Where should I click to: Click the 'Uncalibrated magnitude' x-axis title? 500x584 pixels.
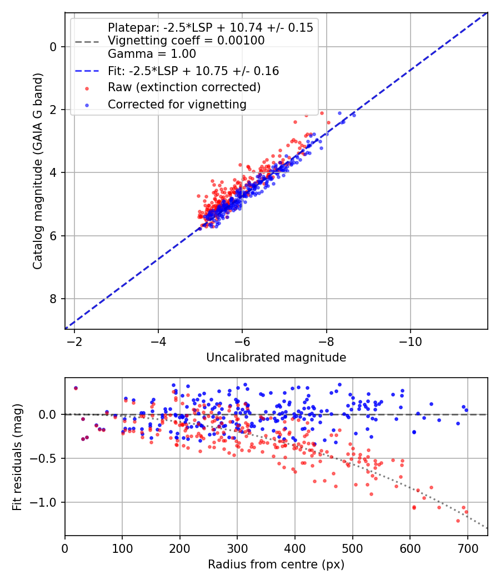click(276, 358)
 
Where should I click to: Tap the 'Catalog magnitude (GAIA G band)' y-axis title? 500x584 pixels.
click(38, 171)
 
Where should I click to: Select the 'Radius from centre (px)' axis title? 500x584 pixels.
click(276, 565)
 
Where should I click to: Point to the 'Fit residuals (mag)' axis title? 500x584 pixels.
click(17, 457)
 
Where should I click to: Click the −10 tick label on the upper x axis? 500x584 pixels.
click(411, 342)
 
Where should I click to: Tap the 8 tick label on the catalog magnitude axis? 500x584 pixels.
click(53, 299)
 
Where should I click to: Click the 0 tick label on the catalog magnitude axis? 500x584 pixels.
click(53, 47)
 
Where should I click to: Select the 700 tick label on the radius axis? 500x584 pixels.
click(467, 548)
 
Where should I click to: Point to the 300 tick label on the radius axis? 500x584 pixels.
click(237, 548)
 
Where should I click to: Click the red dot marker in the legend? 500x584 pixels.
click(87, 88)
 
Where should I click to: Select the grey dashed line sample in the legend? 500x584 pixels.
click(87, 41)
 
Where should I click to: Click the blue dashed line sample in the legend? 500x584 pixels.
click(87, 71)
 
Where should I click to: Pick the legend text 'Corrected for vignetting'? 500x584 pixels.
click(177, 105)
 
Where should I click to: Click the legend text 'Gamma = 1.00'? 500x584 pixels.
click(152, 54)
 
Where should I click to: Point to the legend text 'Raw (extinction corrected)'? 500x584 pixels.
click(184, 87)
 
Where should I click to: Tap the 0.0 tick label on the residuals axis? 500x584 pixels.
click(48, 414)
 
